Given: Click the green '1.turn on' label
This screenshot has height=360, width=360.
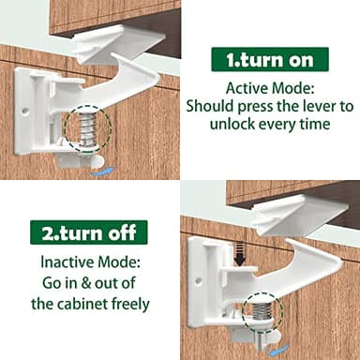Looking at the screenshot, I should [269, 61].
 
